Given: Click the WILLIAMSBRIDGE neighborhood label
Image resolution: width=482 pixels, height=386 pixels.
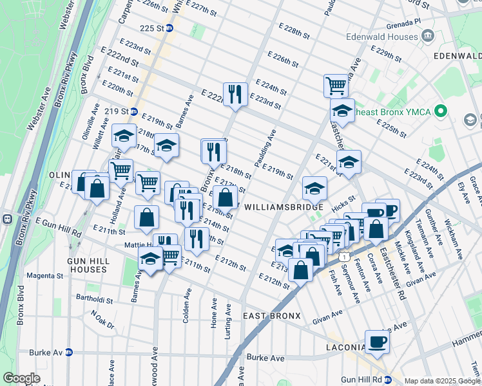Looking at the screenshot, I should pos(284,207).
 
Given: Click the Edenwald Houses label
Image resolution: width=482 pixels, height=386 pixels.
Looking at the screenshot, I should pos(381,37).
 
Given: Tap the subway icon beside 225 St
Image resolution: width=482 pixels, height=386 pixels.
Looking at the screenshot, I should pos(169,28).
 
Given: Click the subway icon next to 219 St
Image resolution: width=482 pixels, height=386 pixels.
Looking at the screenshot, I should pos(134,111).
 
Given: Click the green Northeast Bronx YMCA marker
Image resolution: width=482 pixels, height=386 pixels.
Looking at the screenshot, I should pos(441,111).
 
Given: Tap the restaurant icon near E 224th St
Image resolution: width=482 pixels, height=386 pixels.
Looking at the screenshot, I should pos(235,94).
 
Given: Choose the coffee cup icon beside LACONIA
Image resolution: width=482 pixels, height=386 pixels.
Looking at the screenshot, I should pos(377,341).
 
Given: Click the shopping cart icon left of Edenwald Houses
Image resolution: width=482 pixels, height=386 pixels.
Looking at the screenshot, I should pos(336,84).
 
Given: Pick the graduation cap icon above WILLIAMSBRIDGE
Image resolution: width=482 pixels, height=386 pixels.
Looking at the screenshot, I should pos(314,188).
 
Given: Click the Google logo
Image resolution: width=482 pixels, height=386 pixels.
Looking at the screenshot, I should pos(22,378).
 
